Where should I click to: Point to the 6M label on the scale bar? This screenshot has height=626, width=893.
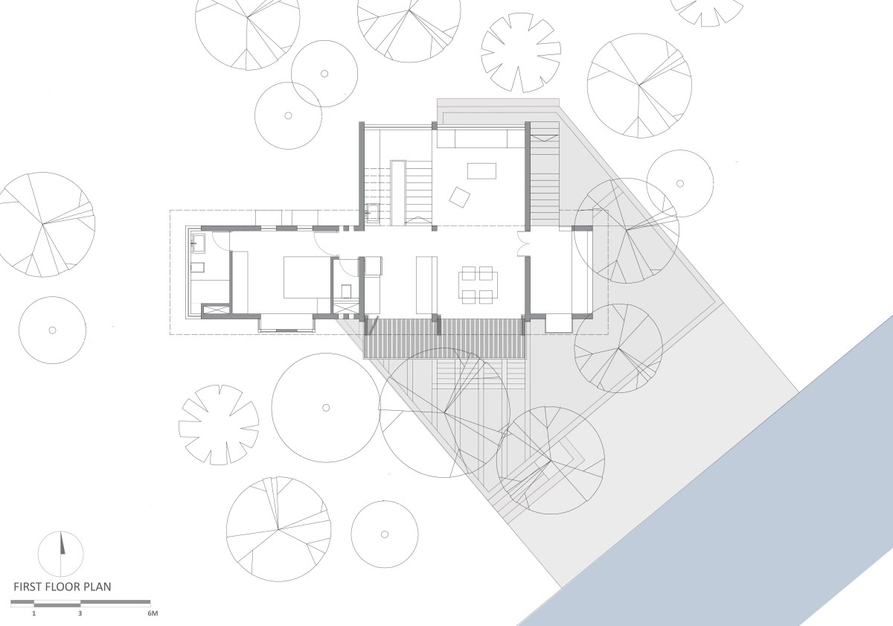coord(153,613)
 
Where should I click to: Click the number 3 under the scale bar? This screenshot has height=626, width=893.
coord(80,613)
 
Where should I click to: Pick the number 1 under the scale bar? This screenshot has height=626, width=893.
coord(34,613)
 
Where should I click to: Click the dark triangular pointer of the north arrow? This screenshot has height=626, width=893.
coord(63,543)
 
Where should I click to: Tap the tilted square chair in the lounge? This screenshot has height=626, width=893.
coord(460,197)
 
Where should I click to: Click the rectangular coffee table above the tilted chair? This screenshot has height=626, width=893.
coord(481,171)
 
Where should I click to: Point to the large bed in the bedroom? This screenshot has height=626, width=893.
coord(307,278)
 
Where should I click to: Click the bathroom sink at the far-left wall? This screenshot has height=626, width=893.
coord(198,243)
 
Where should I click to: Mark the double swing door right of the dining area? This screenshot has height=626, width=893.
coord(522,243)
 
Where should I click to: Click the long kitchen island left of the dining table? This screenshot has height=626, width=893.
coord(426,286)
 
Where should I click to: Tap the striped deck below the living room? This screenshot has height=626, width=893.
coord(445,337)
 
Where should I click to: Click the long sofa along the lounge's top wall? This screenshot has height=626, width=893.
coord(472,138)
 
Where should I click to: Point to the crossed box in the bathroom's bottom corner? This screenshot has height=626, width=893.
coord(215,310)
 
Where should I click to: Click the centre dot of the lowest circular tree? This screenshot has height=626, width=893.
coord(385,534)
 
